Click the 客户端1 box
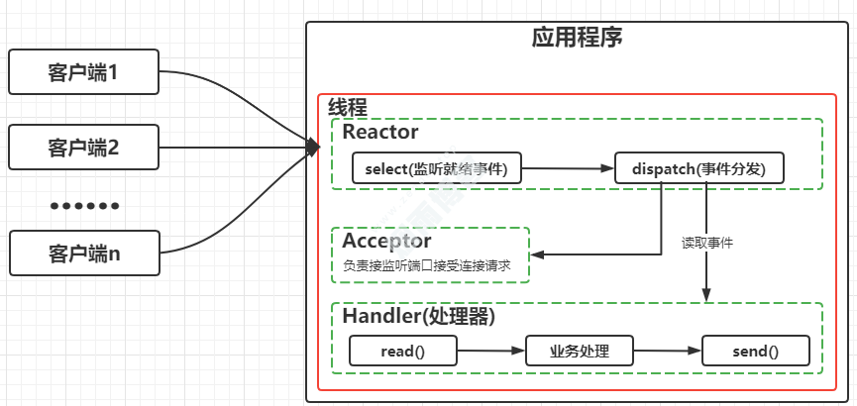[x=83, y=72]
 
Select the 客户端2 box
[x=83, y=149]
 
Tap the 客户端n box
[x=83, y=253]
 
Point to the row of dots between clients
[x=84, y=206]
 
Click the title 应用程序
[x=577, y=38]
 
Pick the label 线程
[x=348, y=108]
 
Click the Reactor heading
[x=380, y=132]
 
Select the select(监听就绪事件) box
[x=436, y=168]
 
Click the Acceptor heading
[x=387, y=241]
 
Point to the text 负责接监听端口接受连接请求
[x=428, y=265]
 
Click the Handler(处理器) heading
[x=418, y=317]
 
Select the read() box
[x=402, y=351]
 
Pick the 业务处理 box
[x=579, y=351]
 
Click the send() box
[x=755, y=351]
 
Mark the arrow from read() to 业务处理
[x=489, y=351]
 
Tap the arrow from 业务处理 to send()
[x=667, y=351]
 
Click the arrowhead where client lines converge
[x=313, y=148]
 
